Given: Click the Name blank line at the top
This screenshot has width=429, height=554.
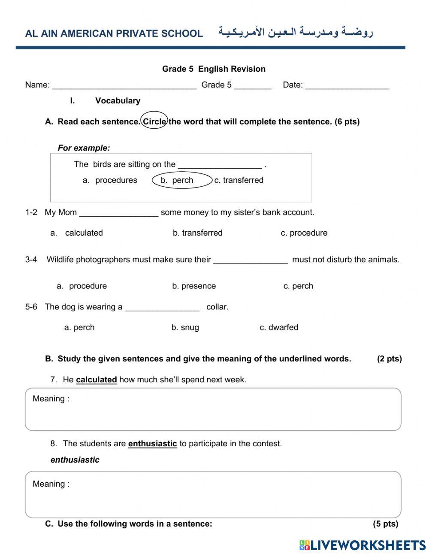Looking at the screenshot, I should (x=124, y=85).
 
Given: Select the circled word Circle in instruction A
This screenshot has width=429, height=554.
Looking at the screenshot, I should (x=154, y=121).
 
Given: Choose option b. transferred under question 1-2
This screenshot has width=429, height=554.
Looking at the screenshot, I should (x=197, y=233).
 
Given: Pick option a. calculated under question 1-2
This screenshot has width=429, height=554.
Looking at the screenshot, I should (x=77, y=233).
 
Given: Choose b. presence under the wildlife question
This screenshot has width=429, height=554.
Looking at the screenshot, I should (x=194, y=286).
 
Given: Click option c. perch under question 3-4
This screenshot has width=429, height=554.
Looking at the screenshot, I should (x=298, y=286).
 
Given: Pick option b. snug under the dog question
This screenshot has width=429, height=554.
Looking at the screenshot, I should (x=185, y=327).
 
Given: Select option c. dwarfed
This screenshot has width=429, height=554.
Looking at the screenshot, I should (x=279, y=327).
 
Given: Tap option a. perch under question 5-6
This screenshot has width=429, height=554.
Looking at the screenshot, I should (x=79, y=327).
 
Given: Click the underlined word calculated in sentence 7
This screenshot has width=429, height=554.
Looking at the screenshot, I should (x=97, y=380).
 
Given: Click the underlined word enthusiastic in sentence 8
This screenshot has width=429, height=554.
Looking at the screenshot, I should (x=152, y=444).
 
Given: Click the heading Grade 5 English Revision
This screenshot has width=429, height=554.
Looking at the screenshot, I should (x=214, y=69).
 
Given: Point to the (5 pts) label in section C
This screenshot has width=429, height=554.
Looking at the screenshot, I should (x=385, y=524).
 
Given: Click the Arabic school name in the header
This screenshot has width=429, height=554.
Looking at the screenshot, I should (x=296, y=33).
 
